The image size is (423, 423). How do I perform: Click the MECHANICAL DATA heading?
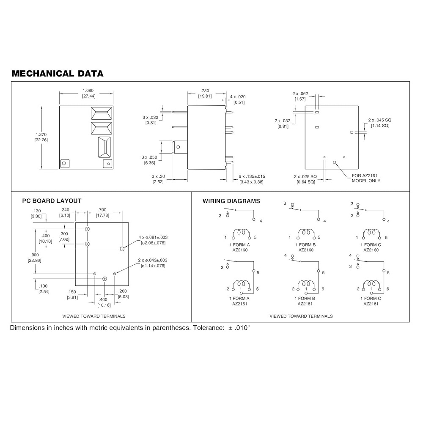[x=58, y=74]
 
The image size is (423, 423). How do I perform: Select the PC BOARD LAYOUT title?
[x=52, y=201]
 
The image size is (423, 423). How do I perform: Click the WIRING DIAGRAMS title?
[x=231, y=201]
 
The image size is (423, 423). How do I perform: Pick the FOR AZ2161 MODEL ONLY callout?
[x=366, y=178]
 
